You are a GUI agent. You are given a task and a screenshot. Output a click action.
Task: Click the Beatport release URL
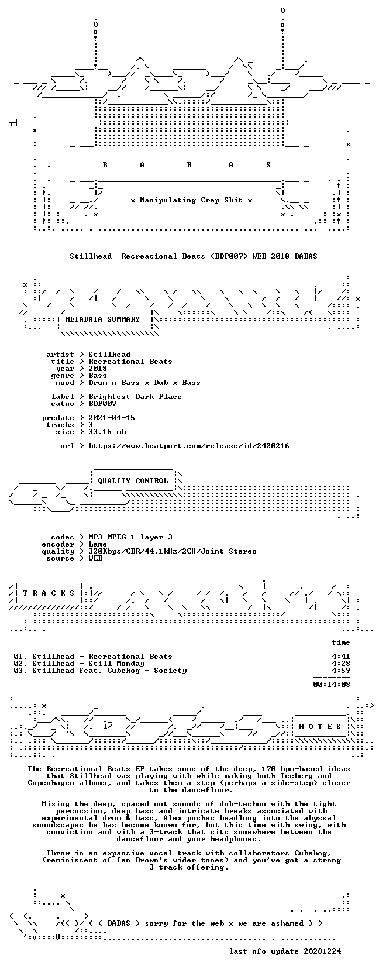coord(189,446)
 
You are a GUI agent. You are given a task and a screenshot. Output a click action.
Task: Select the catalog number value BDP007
coord(102,404)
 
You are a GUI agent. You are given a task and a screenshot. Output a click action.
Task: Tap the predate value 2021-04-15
coord(112,417)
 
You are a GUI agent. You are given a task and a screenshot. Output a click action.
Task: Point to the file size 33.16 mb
coord(107,432)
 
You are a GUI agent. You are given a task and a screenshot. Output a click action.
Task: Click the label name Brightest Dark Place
coord(135,397)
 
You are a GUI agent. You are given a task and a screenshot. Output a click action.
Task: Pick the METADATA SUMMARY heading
coord(102,319)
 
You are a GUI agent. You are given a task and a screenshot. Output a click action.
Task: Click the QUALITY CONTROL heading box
coord(133,481)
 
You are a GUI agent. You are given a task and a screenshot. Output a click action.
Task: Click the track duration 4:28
coord(340,664)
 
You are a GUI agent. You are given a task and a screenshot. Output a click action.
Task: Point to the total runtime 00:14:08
coord(332,685)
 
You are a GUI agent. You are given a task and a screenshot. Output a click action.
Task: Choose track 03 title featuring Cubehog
coord(109,671)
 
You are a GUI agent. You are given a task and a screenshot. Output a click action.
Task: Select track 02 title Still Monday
coord(88,664)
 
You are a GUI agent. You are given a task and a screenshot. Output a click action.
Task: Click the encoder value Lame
coord(98,544)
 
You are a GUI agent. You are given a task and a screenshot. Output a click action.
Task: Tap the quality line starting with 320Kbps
coord(173,551)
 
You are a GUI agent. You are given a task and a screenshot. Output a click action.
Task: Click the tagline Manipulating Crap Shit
coord(191,200)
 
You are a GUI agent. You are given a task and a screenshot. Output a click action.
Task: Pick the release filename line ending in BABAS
coord(194,256)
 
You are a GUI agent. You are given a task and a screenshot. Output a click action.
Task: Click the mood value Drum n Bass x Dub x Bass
coord(144,383)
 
